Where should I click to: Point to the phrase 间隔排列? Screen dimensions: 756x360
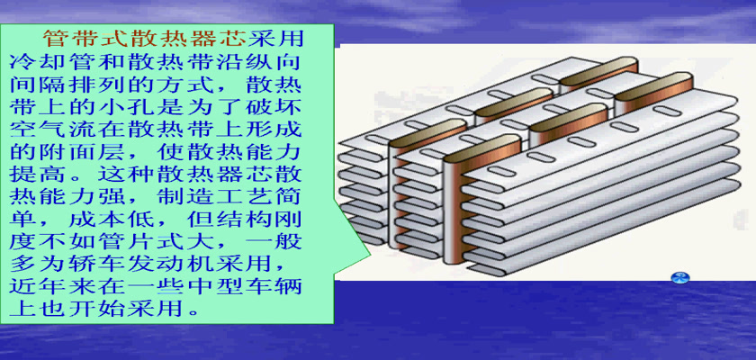pos(67,87)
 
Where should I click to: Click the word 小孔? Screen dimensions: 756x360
pos(127,112)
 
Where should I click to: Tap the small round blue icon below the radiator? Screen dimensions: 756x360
pos(679,278)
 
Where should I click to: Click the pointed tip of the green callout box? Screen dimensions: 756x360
pos(369,256)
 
